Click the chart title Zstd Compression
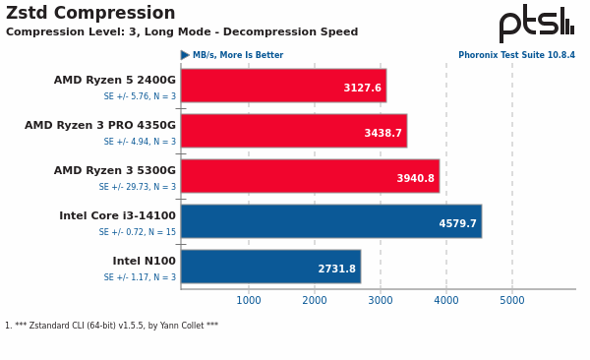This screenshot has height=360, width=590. click(x=90, y=14)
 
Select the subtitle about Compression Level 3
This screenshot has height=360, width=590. click(x=182, y=32)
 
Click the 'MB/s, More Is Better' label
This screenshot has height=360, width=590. click(x=237, y=56)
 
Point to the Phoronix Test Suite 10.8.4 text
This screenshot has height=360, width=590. click(x=516, y=56)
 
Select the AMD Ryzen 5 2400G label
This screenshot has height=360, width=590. click(x=114, y=81)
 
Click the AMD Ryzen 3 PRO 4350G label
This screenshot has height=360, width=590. click(x=100, y=126)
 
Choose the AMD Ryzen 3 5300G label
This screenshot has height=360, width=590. click(x=114, y=171)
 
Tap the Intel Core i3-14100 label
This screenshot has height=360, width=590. click(x=117, y=216)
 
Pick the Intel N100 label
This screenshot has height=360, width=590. click(x=144, y=262)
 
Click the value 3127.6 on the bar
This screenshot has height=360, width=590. click(x=362, y=89)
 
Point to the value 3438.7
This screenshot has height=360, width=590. click(x=383, y=134)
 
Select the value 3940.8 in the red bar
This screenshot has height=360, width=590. click(x=415, y=179)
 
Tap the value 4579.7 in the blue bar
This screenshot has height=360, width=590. click(x=457, y=224)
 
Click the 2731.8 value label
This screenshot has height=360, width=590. click(x=336, y=270)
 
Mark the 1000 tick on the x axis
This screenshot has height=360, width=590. click(x=249, y=301)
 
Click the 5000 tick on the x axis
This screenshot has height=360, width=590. click(x=512, y=301)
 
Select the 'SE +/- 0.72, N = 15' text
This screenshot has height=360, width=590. click(x=140, y=232)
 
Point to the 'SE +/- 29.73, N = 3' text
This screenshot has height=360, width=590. click(x=137, y=187)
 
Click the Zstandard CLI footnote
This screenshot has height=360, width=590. click(x=111, y=326)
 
